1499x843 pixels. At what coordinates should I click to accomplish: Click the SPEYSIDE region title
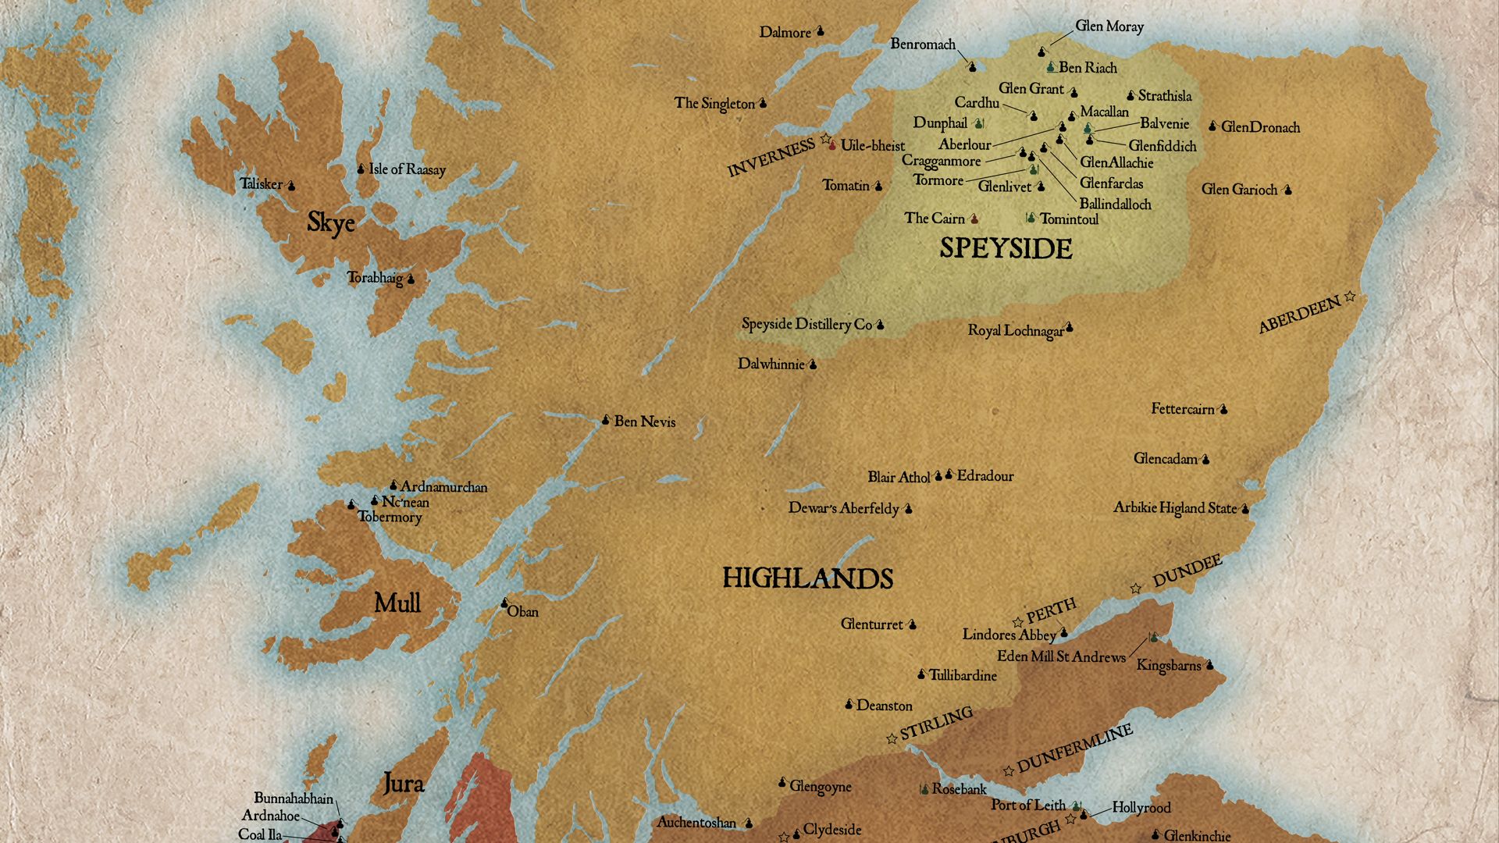tap(1006, 249)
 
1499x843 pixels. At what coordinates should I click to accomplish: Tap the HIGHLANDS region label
tap(807, 578)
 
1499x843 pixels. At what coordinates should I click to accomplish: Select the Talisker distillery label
tap(261, 184)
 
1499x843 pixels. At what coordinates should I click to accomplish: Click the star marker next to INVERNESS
tap(825, 138)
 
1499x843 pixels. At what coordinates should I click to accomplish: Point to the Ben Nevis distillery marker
tap(605, 421)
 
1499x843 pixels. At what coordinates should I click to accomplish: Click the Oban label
tap(522, 612)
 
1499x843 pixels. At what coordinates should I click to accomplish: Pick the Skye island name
tap(330, 222)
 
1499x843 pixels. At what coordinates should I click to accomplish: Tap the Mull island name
tap(397, 603)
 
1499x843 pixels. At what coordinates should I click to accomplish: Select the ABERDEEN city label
tap(1299, 315)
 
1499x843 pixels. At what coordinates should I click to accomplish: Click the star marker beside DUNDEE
tap(1136, 588)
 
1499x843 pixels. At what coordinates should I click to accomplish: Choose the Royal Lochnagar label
tap(1015, 331)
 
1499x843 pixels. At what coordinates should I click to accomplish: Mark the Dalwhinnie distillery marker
tap(812, 365)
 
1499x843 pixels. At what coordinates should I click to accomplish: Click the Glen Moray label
tap(1109, 27)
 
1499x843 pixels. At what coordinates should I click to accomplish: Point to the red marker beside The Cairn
tap(974, 219)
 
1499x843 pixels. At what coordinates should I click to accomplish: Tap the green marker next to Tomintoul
tap(1031, 218)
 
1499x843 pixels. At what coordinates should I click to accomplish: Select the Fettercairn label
tap(1182, 409)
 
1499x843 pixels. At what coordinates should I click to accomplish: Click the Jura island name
tap(403, 783)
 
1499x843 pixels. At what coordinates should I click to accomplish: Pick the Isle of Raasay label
tap(407, 169)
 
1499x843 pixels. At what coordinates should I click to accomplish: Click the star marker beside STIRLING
tap(892, 738)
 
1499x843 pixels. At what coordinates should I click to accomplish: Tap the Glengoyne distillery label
tap(820, 787)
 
